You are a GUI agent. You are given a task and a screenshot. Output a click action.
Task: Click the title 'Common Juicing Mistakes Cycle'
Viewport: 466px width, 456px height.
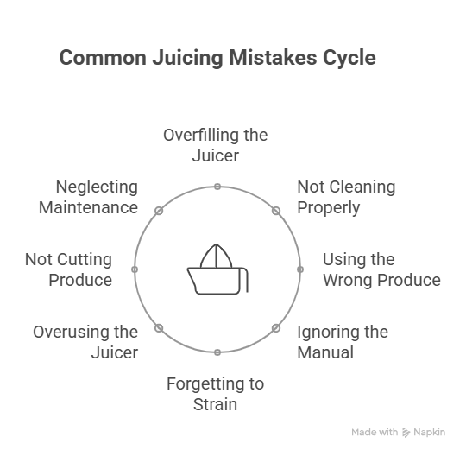pyautogui.click(x=217, y=58)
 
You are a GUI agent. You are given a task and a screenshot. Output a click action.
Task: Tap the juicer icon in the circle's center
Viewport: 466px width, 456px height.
pyautogui.click(x=217, y=269)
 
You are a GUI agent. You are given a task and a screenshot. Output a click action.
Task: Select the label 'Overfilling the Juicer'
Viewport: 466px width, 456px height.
pyautogui.click(x=216, y=145)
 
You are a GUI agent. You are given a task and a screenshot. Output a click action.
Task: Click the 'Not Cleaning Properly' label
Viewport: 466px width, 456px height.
pyautogui.click(x=346, y=197)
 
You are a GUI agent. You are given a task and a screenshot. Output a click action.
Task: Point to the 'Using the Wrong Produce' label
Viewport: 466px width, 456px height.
pyautogui.click(x=381, y=269)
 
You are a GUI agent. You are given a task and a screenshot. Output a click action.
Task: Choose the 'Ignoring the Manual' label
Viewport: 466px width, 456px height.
pyautogui.click(x=343, y=342)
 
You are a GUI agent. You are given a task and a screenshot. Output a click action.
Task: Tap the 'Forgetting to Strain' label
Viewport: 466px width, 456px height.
pyautogui.click(x=216, y=394)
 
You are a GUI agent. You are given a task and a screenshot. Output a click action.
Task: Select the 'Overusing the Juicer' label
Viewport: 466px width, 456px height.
pyautogui.click(x=85, y=342)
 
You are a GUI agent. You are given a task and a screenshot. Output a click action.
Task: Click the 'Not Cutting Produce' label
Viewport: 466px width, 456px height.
pyautogui.click(x=69, y=269)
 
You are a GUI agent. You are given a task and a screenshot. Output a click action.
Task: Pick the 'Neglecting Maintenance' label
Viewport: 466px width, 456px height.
pyautogui.click(x=88, y=197)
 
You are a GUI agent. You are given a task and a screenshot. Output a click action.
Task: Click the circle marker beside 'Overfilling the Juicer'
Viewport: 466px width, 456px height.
pyautogui.click(x=217, y=187)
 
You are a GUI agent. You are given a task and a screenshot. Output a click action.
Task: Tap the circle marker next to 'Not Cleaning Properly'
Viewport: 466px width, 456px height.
pyautogui.click(x=276, y=211)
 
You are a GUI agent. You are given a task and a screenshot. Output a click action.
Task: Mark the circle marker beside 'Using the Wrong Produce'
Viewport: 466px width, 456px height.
pyautogui.click(x=300, y=269)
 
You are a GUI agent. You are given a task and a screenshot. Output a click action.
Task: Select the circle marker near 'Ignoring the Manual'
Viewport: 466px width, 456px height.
pyautogui.click(x=276, y=328)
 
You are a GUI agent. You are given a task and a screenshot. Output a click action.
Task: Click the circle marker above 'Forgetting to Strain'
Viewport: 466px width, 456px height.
pyautogui.click(x=217, y=352)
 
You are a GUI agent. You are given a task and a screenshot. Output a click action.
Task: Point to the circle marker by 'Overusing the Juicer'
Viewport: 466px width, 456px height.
pyautogui.click(x=159, y=328)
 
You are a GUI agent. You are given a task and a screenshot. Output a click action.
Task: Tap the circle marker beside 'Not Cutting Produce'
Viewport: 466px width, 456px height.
pyautogui.click(x=135, y=269)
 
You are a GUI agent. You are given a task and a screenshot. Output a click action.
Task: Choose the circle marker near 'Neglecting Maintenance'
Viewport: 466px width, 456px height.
pyautogui.click(x=159, y=211)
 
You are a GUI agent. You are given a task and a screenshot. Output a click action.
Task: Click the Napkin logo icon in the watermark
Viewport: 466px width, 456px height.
pyautogui.click(x=406, y=433)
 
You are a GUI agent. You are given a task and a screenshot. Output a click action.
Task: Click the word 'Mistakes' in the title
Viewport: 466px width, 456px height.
pyautogui.click(x=273, y=58)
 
